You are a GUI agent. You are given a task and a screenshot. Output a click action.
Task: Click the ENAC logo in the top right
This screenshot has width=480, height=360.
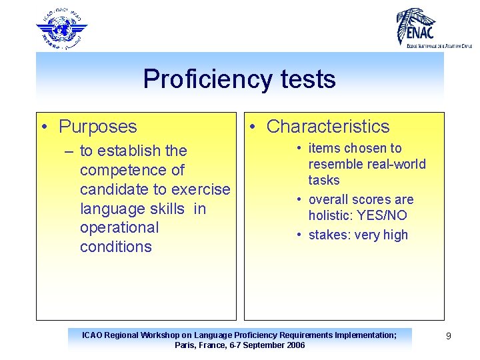pyautogui.click(x=433, y=27)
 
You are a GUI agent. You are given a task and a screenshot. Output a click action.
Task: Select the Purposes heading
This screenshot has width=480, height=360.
pyautogui.click(x=97, y=127)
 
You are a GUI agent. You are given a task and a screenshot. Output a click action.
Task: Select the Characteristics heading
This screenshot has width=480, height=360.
pyautogui.click(x=327, y=127)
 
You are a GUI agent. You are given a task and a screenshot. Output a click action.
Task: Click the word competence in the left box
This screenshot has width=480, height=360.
pyautogui.click(x=132, y=170)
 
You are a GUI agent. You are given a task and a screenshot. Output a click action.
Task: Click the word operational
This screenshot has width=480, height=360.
pyautogui.click(x=119, y=227)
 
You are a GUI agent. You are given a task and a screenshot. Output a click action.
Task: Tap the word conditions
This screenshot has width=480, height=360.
pyautogui.click(x=116, y=247)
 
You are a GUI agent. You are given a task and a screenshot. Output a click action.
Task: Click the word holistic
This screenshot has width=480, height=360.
pyautogui.click(x=331, y=215)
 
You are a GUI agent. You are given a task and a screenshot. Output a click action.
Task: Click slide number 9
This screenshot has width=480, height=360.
pyautogui.click(x=449, y=336)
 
